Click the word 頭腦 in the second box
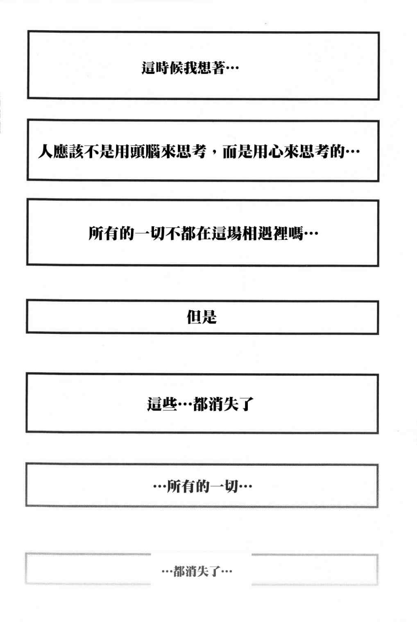[x=145, y=152]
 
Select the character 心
[x=275, y=152]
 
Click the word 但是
[x=202, y=317]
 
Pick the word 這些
[x=162, y=404]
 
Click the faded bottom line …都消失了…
[x=197, y=572]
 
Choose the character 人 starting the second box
[x=45, y=152]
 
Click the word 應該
[x=68, y=152]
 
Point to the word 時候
[x=169, y=68]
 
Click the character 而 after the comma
[x=230, y=152]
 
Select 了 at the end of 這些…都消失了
[x=246, y=404]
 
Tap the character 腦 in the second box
[x=152, y=152]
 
